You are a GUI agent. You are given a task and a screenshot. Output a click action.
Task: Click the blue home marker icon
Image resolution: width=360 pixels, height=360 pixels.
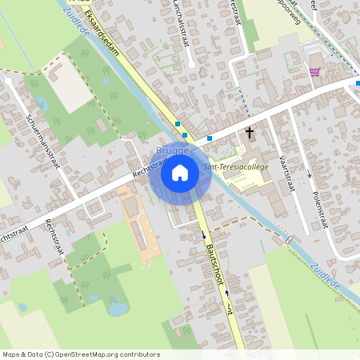pos(180,172)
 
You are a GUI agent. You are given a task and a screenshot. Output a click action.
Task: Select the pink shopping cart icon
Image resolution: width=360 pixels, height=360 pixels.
pos(314,72)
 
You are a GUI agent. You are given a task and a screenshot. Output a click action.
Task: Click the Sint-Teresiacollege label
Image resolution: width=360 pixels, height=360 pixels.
pos(235,166)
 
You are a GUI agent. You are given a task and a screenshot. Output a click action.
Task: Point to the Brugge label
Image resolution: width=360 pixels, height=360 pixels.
pos(172,150)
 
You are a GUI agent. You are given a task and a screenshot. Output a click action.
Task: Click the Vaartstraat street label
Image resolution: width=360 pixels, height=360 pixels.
pos(283,172)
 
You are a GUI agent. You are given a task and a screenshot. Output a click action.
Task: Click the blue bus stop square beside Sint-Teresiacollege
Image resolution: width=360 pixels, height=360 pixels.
pos(210,138)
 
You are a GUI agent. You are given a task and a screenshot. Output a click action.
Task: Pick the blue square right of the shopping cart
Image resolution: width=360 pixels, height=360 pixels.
pos(358,83)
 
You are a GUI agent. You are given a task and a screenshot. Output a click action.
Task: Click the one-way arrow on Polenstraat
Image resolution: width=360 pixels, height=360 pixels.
pos(309,174)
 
